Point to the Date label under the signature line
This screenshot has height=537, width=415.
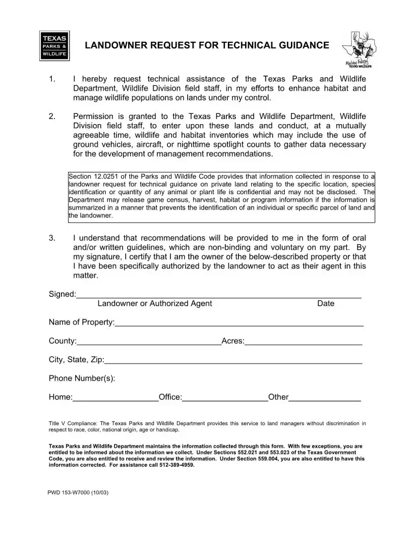point(325,304)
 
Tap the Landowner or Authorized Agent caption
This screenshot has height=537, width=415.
point(155,304)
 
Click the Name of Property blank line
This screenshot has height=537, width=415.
point(239,324)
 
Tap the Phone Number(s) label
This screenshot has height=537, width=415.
point(82,378)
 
